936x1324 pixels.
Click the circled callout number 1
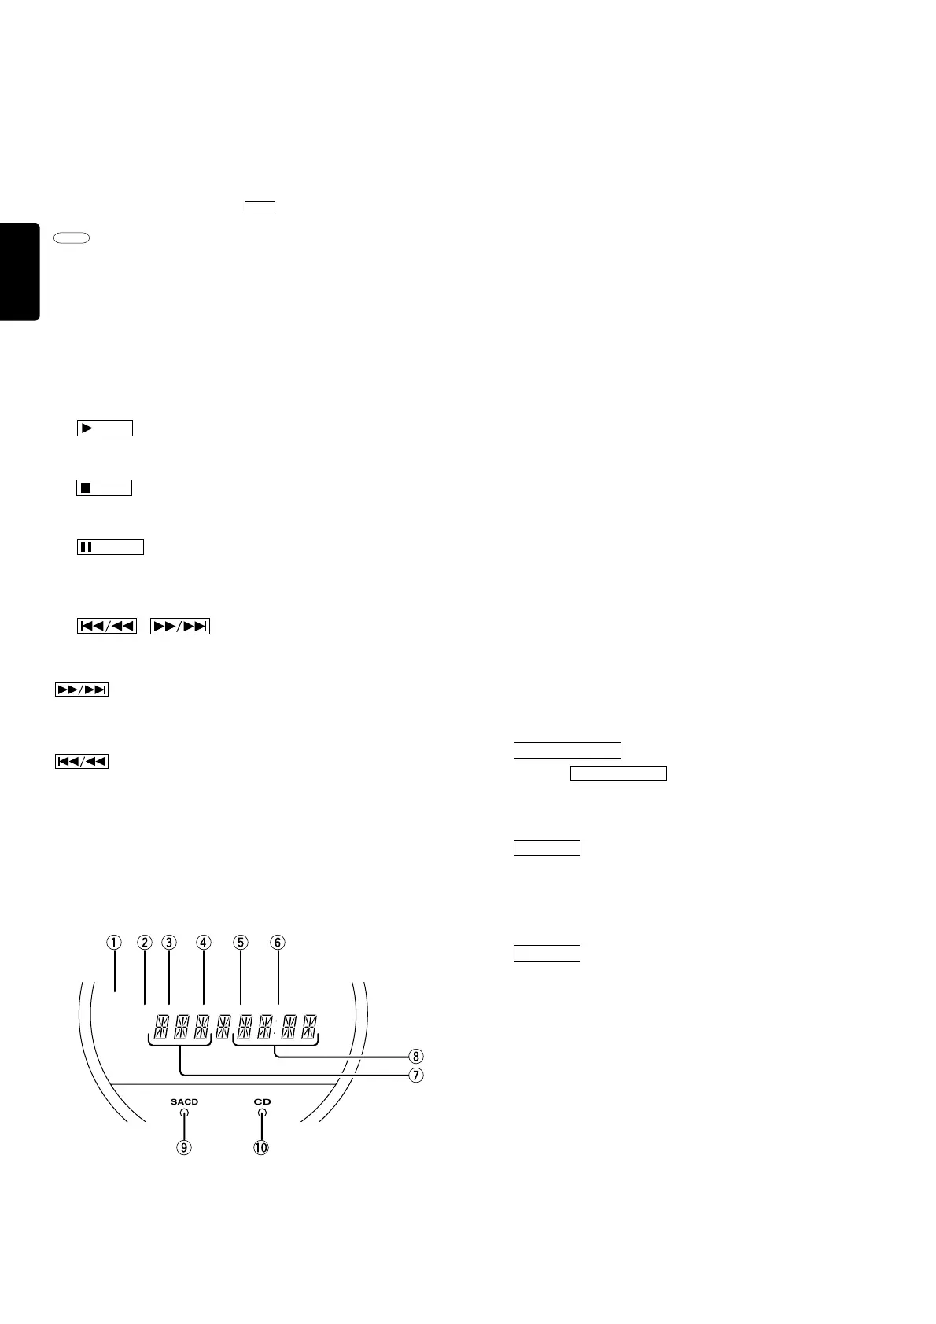[x=114, y=942]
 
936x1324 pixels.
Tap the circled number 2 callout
[x=144, y=942]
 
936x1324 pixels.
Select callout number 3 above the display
[x=169, y=942]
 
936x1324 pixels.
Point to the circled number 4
[x=204, y=942]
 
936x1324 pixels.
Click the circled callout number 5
[x=241, y=942]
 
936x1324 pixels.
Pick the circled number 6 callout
[x=277, y=942]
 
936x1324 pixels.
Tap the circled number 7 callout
[x=416, y=1074]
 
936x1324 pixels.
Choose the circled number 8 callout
[x=416, y=1056]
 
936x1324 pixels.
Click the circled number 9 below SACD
[x=183, y=1147]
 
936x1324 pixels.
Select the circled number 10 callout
[x=260, y=1147]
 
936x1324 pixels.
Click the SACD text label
[x=184, y=1102]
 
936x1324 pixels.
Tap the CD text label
[x=262, y=1102]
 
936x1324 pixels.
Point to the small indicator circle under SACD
[x=184, y=1113]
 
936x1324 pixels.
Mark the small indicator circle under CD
[x=262, y=1113]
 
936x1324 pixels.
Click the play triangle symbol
[x=87, y=428]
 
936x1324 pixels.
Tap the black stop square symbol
[x=87, y=488]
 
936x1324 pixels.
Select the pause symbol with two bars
[x=87, y=547]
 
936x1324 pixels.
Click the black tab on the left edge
[x=19, y=271]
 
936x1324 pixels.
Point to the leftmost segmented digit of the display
[x=161, y=1026]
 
